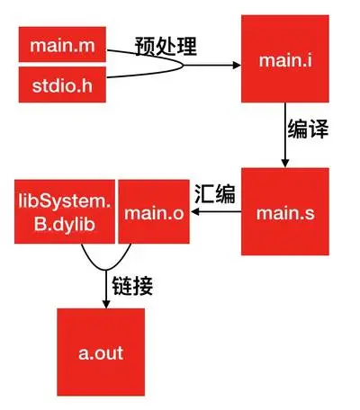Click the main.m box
[62, 44]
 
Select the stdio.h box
[62, 85]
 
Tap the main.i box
[285, 58]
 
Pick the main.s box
[285, 211]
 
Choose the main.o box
[154, 211]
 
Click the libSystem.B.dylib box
[65, 211]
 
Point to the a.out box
[101, 352]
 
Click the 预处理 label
[166, 46]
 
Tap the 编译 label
[308, 129]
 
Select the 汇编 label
[215, 193]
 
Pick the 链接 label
[132, 286]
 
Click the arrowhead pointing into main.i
[237, 65]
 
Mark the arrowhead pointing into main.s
[285, 163]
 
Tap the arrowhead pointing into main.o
[194, 211]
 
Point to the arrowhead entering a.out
[106, 304]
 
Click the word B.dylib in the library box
[65, 224]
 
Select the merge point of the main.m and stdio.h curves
[183, 65]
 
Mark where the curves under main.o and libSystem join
[106, 270]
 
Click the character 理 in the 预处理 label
[187, 46]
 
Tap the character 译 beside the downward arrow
[319, 129]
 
